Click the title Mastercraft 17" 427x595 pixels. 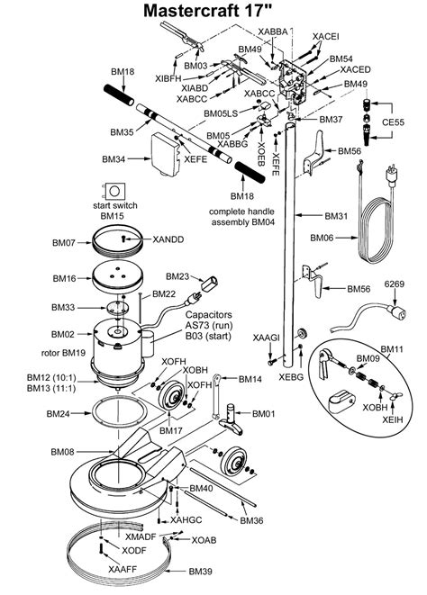pos(213,12)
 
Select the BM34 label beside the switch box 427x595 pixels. pos(114,159)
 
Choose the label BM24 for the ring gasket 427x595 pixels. pos(58,414)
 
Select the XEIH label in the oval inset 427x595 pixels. pos(392,419)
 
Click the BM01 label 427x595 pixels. pos(264,412)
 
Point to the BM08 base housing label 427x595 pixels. pos(62,451)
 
